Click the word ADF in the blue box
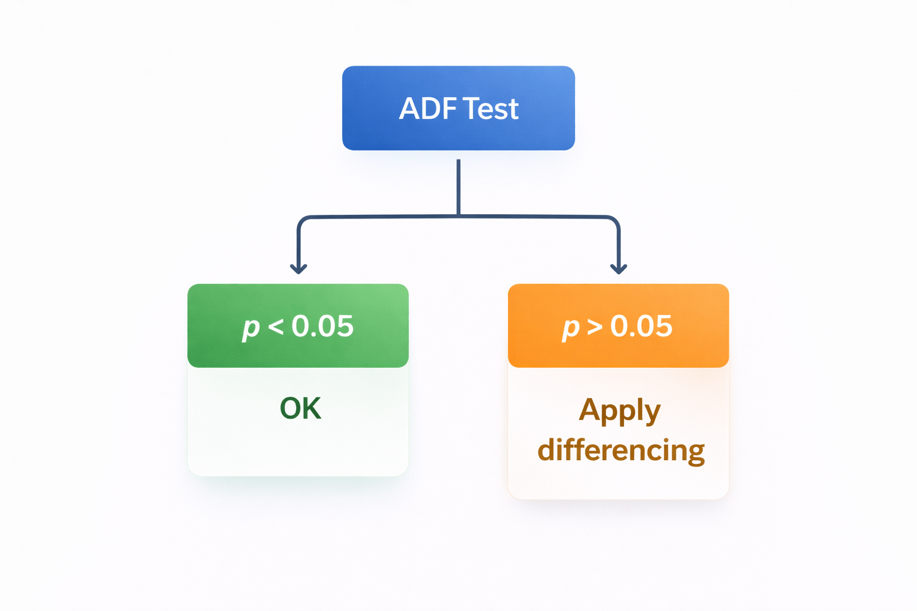pos(427,109)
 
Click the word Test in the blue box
pos(491,109)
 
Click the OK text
pos(300,409)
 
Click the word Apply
pos(620,411)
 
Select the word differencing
pos(621,450)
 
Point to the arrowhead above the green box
pos(299,269)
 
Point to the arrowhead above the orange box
pos(618,269)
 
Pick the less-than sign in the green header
pos(276,326)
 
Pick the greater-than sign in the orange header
pos(595,326)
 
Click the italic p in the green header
pos(251,328)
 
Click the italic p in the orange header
pos(571,328)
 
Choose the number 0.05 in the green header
pos(323,326)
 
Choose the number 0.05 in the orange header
pos(642,326)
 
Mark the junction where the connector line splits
pos(458,216)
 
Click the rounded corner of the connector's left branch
pos(301,220)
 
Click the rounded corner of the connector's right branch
pos(616,220)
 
